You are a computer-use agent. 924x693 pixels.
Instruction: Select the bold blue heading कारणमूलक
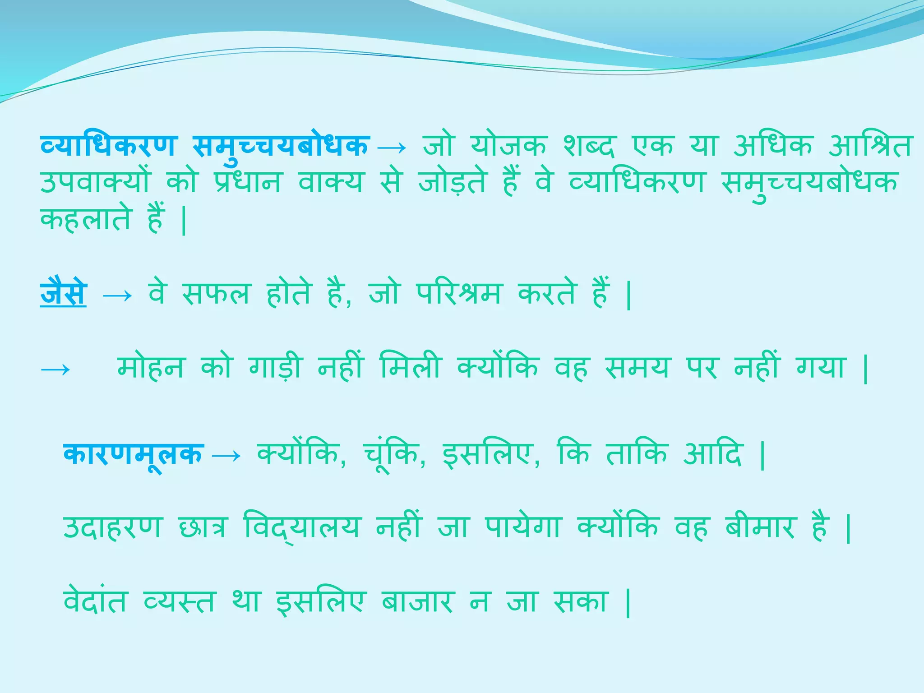coord(134,455)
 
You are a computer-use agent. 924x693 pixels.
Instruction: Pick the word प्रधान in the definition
coord(248,183)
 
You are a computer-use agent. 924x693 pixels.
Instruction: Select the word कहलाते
coord(86,220)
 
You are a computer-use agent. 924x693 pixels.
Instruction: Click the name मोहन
coord(151,367)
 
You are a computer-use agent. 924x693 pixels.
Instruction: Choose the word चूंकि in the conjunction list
coord(393,455)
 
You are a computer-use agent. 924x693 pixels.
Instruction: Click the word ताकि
coord(637,454)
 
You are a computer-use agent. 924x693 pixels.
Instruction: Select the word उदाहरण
coord(112,527)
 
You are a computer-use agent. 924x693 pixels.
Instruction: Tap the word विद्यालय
coord(301,527)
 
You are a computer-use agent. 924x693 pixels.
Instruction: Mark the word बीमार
coord(760,527)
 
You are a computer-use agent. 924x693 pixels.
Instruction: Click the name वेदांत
coord(95,601)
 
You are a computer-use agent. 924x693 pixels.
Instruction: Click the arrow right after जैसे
coord(117,296)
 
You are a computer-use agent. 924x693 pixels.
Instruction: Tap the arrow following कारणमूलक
coord(226,456)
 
